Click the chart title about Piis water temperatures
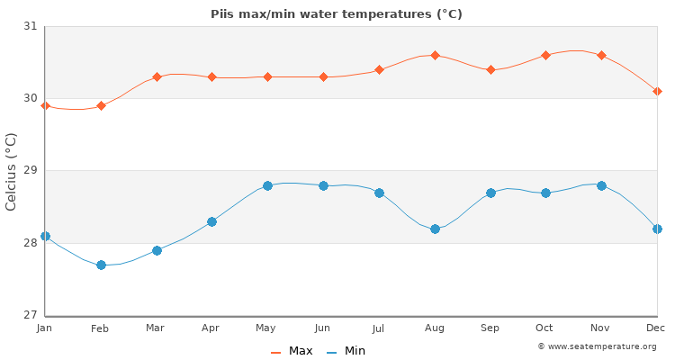coord(337,14)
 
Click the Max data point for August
coord(435,56)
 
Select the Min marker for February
coord(101,265)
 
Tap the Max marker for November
coord(601,56)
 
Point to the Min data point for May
coord(267,185)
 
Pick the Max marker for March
coord(157,77)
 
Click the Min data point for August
coord(435,229)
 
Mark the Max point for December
coord(657,92)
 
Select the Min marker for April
coord(211,221)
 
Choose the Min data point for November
coord(601,185)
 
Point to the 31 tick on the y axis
coord(30,27)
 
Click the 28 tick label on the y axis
coord(30,243)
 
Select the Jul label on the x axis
coord(378,328)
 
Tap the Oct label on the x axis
coord(544,328)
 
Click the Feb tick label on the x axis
coord(100,328)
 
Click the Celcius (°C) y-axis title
coord(12,171)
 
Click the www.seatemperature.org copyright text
coord(597,346)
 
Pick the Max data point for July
coord(379,70)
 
